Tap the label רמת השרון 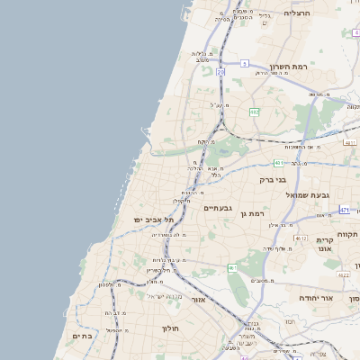point(288,67)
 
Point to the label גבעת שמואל point(310,195)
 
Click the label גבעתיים point(219,208)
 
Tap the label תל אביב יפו point(145,220)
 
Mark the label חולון point(171,329)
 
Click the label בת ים point(82,336)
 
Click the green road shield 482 point(255,112)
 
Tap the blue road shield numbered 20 point(220,70)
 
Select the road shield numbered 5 point(244,63)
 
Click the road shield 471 point(345,210)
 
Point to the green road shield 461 point(232,267)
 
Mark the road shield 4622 point(343,274)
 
